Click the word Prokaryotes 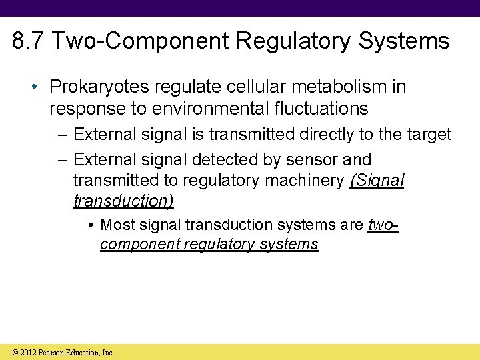coord(95,87)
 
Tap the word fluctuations coord(323,107)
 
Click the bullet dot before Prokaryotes coord(32,87)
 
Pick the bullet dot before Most coord(90,225)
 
